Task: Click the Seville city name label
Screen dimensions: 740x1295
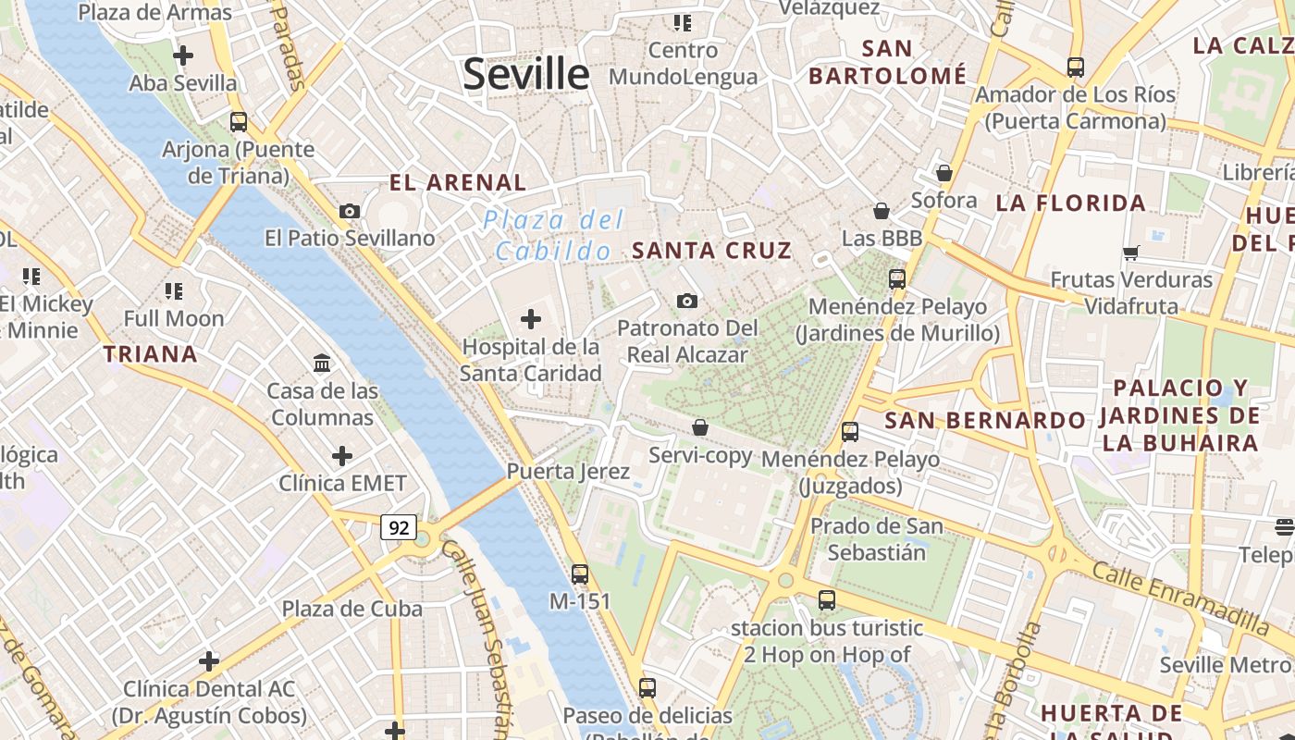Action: [x=525, y=74]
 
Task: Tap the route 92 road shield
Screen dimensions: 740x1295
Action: [x=399, y=528]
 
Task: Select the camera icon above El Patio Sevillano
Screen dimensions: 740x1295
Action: [x=350, y=211]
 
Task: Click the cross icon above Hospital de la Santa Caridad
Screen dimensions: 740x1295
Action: [x=531, y=320]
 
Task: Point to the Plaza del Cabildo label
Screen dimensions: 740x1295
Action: [x=553, y=235]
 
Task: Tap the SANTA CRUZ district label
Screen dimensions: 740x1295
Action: [x=711, y=251]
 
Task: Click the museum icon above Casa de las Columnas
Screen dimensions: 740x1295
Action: [x=322, y=364]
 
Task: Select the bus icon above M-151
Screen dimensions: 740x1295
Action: [x=580, y=574]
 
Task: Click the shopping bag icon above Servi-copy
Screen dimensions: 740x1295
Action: [x=700, y=427]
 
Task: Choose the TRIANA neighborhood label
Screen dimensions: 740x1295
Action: [x=150, y=354]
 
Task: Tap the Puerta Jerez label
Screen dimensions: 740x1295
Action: [x=568, y=472]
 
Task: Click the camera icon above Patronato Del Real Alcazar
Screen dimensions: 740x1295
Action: [x=687, y=301]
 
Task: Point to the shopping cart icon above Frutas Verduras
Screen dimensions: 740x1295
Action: [x=1130, y=253]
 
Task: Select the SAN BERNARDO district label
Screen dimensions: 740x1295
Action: [x=985, y=421]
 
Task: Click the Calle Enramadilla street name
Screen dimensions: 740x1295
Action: [x=1180, y=597]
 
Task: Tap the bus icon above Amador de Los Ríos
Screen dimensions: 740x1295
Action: [x=1075, y=68]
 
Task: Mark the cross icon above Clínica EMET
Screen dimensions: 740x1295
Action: [x=342, y=456]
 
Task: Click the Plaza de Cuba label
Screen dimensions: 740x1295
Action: [x=351, y=609]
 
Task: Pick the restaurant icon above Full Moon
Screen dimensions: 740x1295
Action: [x=174, y=291]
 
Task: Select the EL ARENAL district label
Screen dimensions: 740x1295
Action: [x=458, y=182]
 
